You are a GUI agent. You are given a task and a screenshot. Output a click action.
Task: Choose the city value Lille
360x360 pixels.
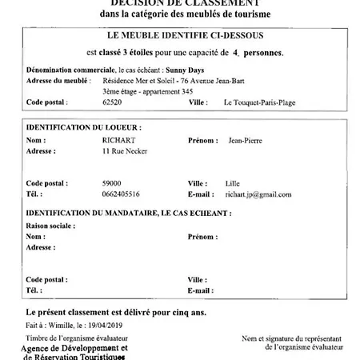tap(234, 182)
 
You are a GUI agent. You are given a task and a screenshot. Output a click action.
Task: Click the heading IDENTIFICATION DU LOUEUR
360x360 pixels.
tap(83, 127)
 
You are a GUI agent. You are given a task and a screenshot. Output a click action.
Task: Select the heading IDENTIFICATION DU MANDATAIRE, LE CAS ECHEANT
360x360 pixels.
tap(128, 214)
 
